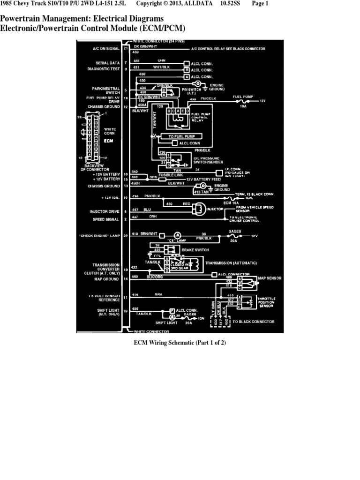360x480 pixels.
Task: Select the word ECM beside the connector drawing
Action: (x=109, y=140)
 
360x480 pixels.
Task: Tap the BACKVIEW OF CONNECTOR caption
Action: (x=96, y=167)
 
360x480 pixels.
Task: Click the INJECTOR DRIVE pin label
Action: (x=105, y=211)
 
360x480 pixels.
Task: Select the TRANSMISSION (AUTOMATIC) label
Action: (x=234, y=263)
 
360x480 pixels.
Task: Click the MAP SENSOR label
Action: (x=270, y=278)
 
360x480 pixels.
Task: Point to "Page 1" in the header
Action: (x=260, y=4)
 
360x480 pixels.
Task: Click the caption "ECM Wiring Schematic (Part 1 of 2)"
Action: (x=180, y=343)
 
